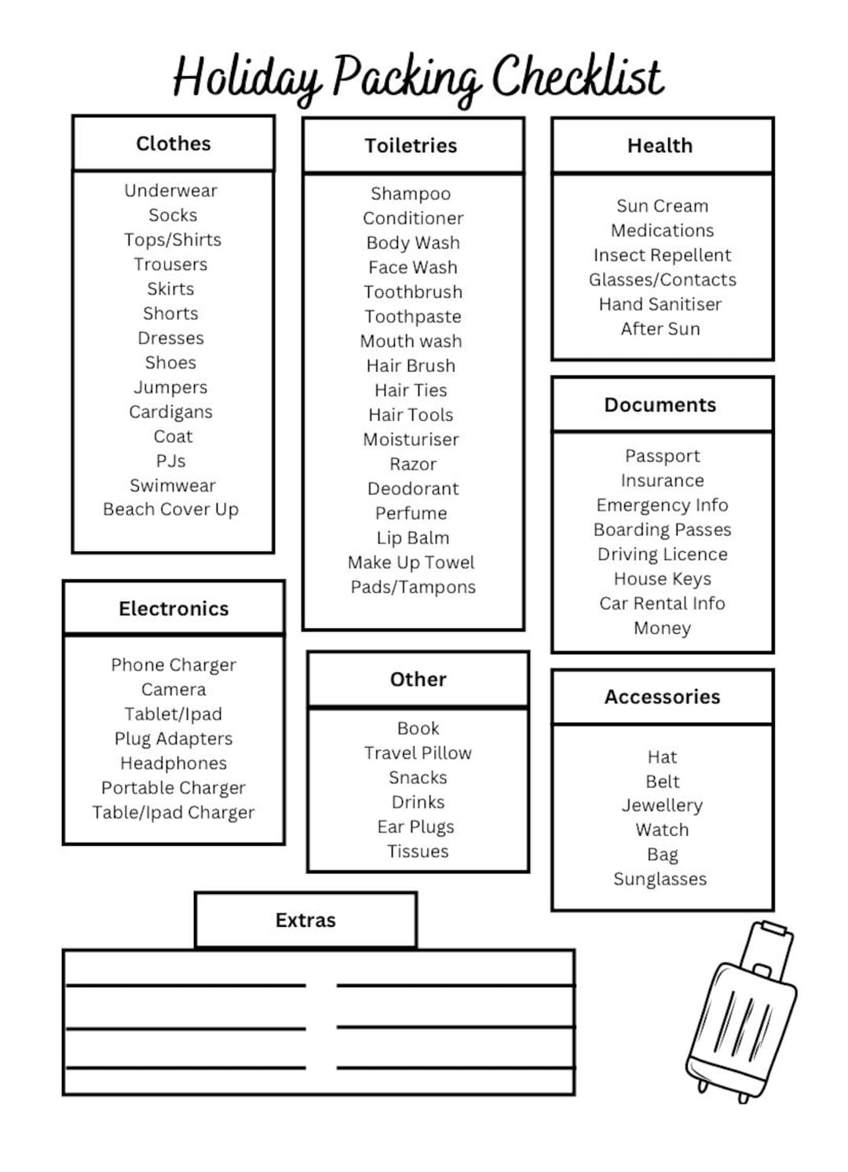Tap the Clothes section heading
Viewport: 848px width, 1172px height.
pos(174,144)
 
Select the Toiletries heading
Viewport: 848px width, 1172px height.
pos(411,145)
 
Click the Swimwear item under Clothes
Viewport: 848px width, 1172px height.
pos(173,485)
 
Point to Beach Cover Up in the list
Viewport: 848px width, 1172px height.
pos(170,510)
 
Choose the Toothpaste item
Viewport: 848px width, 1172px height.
pos(413,317)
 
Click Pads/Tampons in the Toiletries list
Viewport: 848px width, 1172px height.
pos(413,587)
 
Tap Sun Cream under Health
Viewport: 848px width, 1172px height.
pos(662,206)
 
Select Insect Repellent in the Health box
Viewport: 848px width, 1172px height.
pos(662,255)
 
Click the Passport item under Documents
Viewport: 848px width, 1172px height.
pos(662,456)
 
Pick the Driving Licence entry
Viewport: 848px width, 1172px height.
pos(662,554)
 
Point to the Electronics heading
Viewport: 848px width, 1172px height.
pos(174,609)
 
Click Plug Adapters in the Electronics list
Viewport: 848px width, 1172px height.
pos(174,738)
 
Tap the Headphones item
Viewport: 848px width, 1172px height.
pos(174,763)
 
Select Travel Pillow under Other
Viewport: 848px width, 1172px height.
pos(418,753)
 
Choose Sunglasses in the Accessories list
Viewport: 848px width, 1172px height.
pos(660,879)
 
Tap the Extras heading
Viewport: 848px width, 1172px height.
pos(305,920)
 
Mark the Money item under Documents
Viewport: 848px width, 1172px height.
pos(662,628)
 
